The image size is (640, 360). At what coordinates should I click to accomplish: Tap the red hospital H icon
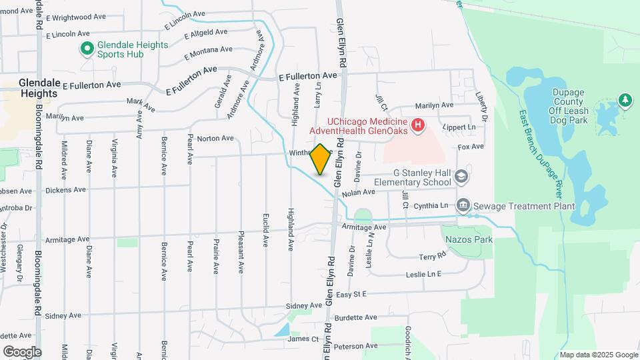[x=418, y=125]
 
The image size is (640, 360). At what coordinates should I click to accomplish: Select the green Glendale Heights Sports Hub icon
[x=87, y=48]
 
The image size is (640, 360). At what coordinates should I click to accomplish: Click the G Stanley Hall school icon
[x=462, y=177]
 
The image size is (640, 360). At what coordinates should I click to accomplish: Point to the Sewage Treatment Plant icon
[x=462, y=205]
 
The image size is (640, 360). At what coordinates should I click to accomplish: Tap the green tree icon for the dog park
[x=625, y=100]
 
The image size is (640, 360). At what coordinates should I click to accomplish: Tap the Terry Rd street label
[x=431, y=257]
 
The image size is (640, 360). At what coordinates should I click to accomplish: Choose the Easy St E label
[x=352, y=294]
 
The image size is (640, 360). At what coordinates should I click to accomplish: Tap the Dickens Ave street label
[x=66, y=190]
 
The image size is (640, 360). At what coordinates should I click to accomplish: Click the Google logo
[x=22, y=351]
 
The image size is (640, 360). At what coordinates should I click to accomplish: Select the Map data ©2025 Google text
[x=599, y=355]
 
